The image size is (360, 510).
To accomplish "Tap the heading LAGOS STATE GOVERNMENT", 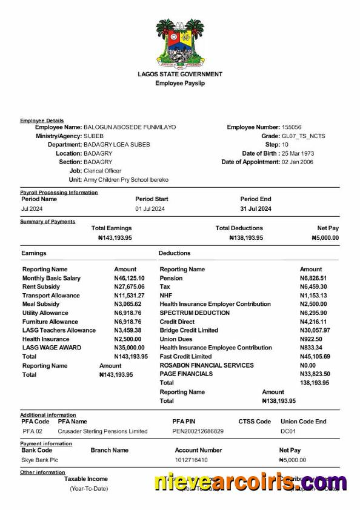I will (x=180, y=74).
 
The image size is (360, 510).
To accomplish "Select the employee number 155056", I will (x=292, y=127).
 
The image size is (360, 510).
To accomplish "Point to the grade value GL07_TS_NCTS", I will (x=303, y=136).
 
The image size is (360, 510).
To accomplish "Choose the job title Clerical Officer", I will (x=102, y=171).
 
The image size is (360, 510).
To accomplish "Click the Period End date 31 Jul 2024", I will (x=256, y=208).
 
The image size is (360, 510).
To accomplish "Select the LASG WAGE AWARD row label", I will (x=52, y=348).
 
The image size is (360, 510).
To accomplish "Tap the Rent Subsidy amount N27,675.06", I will (x=131, y=286).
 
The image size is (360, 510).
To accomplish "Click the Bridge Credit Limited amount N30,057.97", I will (x=315, y=330).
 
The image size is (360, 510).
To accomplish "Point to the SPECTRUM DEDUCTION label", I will (x=195, y=313).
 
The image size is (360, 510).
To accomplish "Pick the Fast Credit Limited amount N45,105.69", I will (x=315, y=356).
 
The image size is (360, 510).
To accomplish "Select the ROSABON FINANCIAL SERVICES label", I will (x=207, y=365).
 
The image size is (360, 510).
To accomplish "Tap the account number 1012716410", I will (x=191, y=460).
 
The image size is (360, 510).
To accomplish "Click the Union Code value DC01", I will (x=288, y=431).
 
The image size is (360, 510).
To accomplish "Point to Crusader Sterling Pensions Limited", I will (x=102, y=431).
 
